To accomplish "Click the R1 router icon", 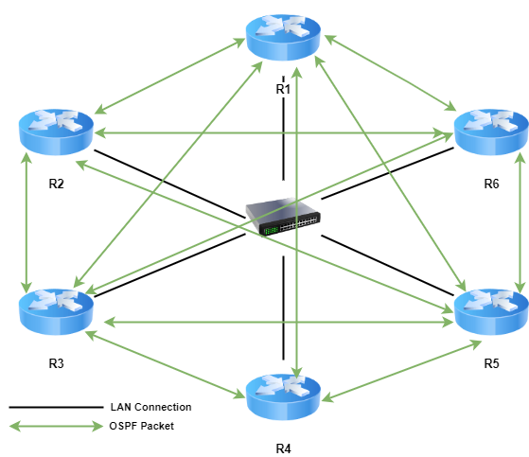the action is coord(283,38).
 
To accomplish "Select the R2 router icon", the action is coord(56,132).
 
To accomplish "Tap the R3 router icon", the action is coord(56,311).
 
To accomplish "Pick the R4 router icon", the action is coord(283,397).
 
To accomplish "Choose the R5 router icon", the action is coord(491,311).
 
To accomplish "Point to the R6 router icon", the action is coord(491,132).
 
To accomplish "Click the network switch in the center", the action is coord(283,217).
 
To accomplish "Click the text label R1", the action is coord(283,89).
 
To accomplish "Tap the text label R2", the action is coord(56,184).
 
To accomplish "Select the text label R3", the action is coord(56,363).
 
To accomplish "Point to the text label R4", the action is coord(283,448).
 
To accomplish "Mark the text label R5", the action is coord(491,363).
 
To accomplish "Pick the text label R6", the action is coord(491,184).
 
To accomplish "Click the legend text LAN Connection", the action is coord(150,407).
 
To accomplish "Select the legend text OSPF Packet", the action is coord(141,426).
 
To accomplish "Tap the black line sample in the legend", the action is coord(56,408).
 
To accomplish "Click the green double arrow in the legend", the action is coord(56,427).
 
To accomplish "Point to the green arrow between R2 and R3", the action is coord(26,223).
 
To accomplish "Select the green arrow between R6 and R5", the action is coord(520,223).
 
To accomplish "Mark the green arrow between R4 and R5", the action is coord(401,371).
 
